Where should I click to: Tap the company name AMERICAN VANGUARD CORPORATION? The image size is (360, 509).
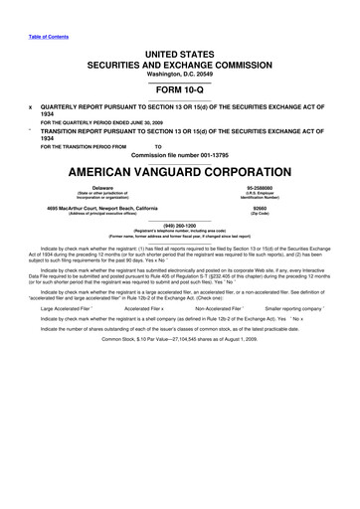pos(179,169)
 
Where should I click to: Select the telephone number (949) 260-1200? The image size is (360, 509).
pos(179,224)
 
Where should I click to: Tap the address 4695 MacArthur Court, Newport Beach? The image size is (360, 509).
pos(101,206)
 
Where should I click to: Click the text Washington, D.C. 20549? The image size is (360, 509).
pos(179,73)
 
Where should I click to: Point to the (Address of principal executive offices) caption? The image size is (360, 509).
pos(101,213)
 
